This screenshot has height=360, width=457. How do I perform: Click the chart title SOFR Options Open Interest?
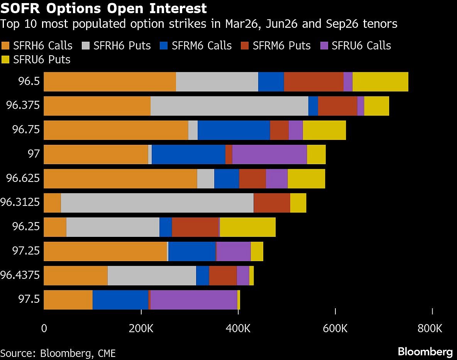(104, 8)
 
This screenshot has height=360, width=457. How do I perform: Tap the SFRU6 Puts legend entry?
(36, 59)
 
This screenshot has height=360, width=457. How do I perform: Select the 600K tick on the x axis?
(335, 329)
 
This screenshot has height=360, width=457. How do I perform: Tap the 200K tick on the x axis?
(141, 329)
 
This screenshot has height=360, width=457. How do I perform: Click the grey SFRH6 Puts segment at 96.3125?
(157, 203)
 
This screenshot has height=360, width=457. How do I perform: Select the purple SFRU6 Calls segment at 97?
(269, 154)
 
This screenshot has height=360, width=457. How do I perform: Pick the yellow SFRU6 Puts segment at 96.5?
(380, 82)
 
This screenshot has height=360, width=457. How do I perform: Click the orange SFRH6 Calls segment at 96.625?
(120, 178)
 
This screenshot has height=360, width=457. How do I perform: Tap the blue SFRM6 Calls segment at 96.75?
(234, 130)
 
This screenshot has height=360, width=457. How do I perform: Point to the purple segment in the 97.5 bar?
(194, 299)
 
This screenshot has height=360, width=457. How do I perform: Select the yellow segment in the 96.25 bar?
(247, 227)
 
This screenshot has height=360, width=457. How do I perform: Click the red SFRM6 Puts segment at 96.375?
(337, 106)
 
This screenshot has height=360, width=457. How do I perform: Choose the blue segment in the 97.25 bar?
(192, 251)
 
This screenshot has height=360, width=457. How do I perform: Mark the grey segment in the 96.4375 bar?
(152, 275)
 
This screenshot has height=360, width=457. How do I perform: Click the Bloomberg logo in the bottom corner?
(425, 352)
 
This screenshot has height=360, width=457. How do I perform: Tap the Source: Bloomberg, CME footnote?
(58, 353)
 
